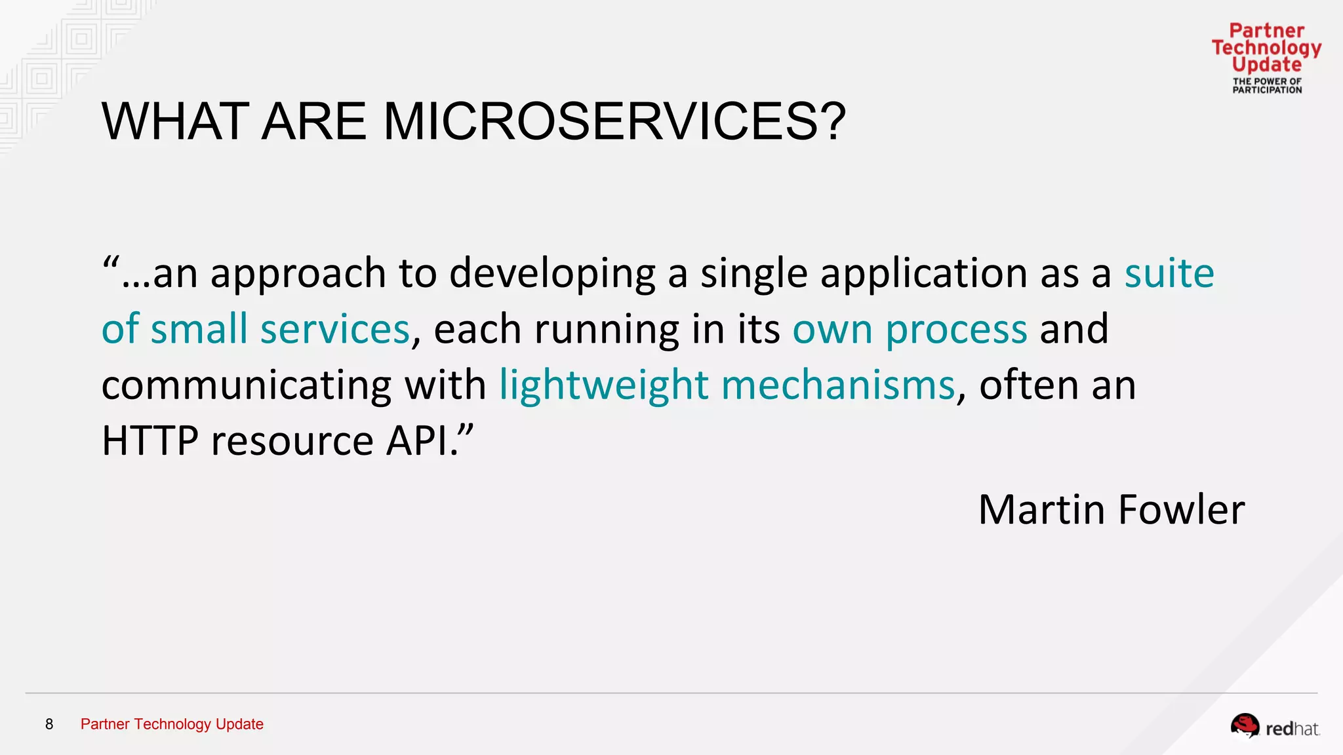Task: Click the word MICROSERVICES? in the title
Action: coord(614,122)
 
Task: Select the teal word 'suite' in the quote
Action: coord(1169,273)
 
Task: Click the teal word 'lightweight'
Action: coord(603,385)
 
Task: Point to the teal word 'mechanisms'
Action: coord(838,385)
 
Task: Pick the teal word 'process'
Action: coord(956,330)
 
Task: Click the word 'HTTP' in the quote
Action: coord(150,440)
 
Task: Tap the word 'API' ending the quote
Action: coord(420,440)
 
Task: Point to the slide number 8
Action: coord(49,724)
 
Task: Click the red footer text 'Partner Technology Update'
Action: coord(172,724)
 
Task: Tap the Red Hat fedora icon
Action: coord(1244,726)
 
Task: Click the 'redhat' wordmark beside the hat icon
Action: coord(1292,729)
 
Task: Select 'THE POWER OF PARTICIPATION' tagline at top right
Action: coord(1267,86)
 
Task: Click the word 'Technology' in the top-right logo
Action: coord(1266,48)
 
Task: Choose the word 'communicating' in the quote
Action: coord(247,385)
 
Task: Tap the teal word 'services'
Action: coord(334,330)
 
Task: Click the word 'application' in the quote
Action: coord(923,274)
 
